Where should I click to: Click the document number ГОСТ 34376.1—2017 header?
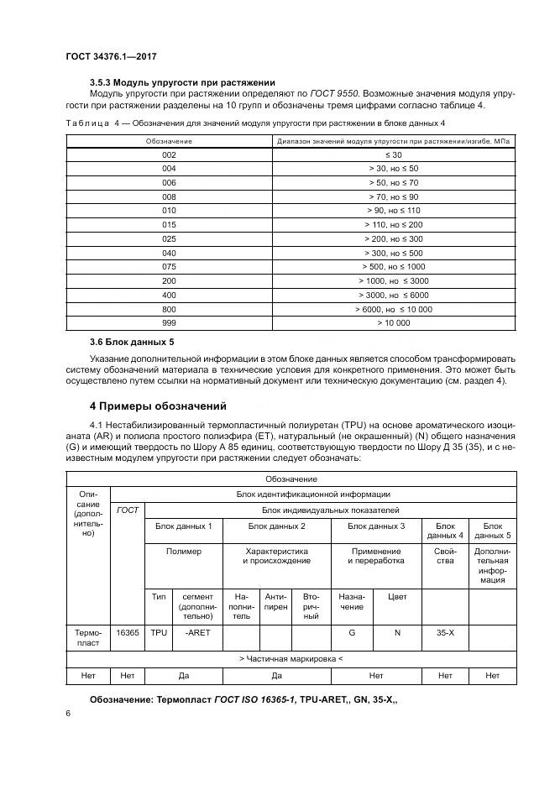[x=111, y=55]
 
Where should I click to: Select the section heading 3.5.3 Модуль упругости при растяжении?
[x=182, y=82]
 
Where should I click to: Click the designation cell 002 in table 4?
[x=169, y=155]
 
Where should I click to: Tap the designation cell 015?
[x=169, y=224]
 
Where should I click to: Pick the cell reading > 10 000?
[x=395, y=322]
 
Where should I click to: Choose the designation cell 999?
[x=169, y=322]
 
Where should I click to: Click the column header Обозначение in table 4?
[x=169, y=141]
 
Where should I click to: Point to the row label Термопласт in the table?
[x=87, y=637]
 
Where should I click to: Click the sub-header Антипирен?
[x=275, y=605]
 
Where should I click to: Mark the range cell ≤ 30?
[x=395, y=155]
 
